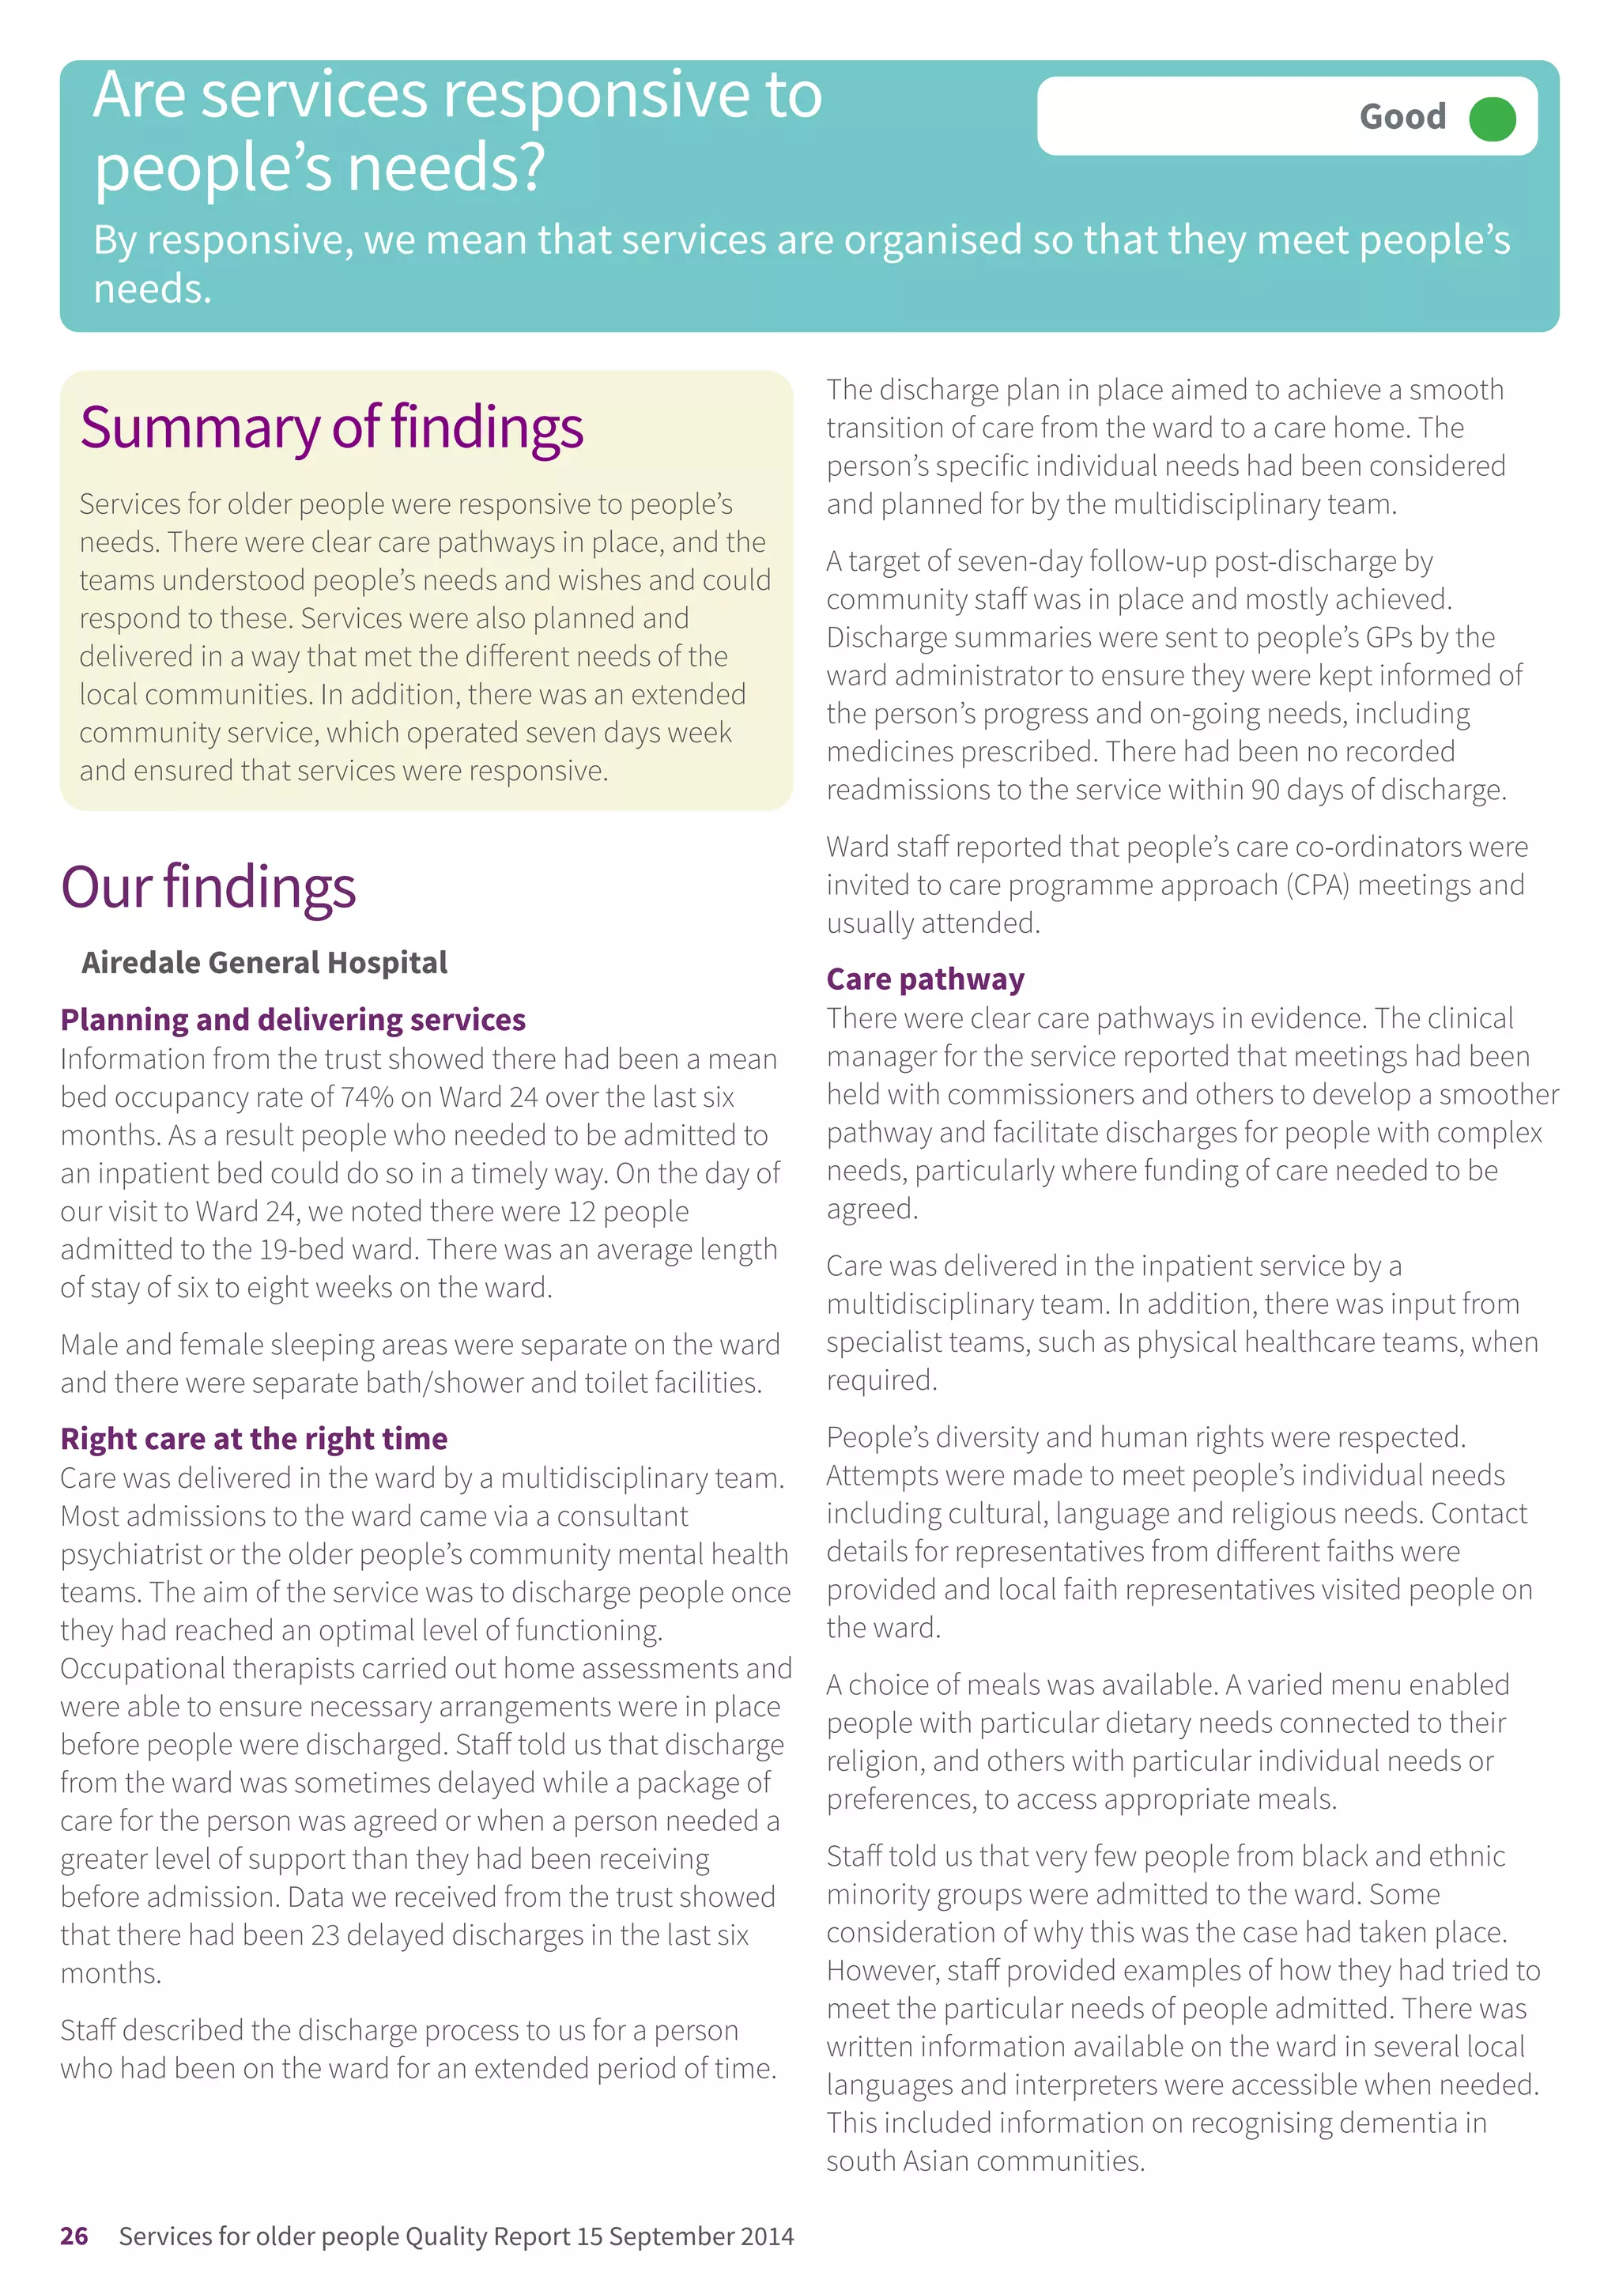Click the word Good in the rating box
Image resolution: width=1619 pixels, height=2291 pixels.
click(x=1402, y=118)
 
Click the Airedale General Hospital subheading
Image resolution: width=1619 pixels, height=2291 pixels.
click(x=264, y=963)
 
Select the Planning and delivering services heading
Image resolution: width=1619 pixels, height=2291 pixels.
click(x=292, y=1020)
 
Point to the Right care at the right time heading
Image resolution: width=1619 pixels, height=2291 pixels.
click(x=254, y=1439)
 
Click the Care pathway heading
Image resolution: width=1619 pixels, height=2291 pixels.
click(x=925, y=979)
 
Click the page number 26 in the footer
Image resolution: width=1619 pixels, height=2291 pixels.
click(x=74, y=2236)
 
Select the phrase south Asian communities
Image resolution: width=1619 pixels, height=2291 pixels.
click(x=984, y=2161)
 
